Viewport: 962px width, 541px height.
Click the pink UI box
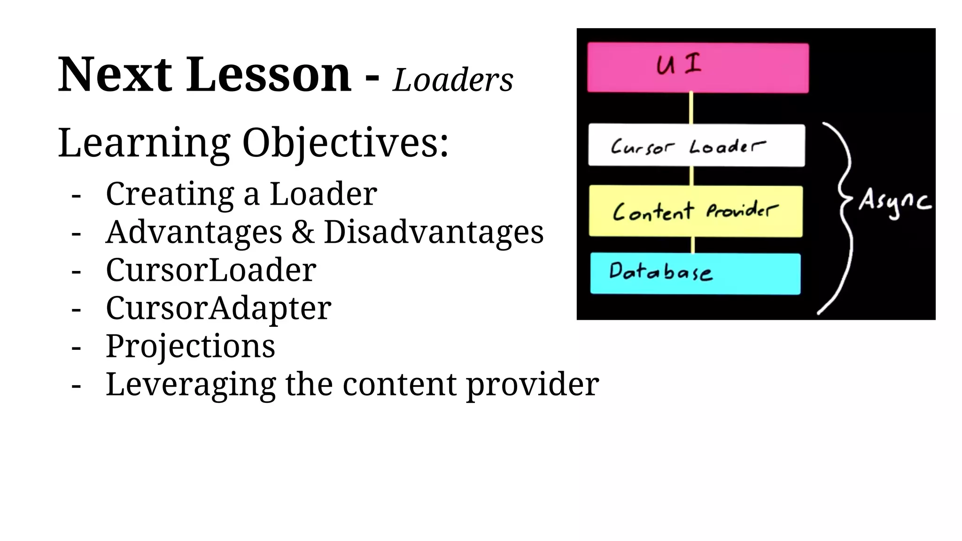point(698,68)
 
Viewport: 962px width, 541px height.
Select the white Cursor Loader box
point(696,145)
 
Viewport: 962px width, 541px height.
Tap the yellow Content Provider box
point(696,211)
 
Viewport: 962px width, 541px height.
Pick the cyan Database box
point(695,274)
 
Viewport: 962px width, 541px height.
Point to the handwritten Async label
point(894,203)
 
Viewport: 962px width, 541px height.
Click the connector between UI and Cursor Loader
point(691,108)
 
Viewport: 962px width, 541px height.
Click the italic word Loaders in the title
point(453,80)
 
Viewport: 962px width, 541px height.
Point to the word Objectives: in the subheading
point(345,143)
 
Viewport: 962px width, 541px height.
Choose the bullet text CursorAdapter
point(218,308)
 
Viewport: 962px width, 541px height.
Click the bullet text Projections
point(190,346)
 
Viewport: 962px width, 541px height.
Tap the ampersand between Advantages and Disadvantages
point(303,232)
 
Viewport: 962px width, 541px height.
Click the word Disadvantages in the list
point(434,232)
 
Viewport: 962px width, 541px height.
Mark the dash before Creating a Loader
point(76,195)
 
